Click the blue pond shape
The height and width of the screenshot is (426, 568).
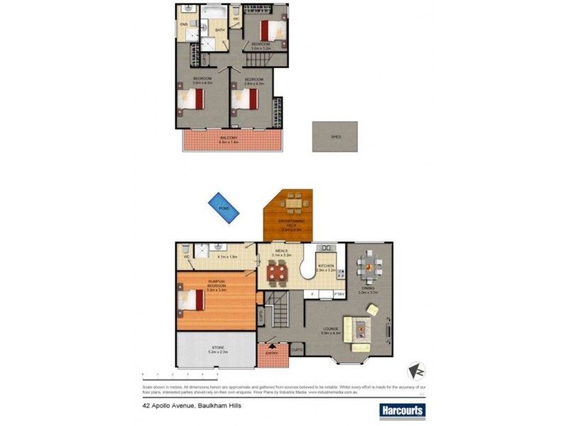point(223,207)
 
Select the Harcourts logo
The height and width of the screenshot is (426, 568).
point(402,410)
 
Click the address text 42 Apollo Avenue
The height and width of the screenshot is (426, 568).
point(180,408)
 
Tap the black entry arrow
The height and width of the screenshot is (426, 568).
point(271,346)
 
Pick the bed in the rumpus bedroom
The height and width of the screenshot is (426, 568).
point(192,300)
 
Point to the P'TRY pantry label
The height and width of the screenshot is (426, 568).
point(339,294)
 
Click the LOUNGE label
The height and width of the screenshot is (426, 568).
point(331,328)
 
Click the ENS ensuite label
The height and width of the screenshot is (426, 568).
point(182,26)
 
